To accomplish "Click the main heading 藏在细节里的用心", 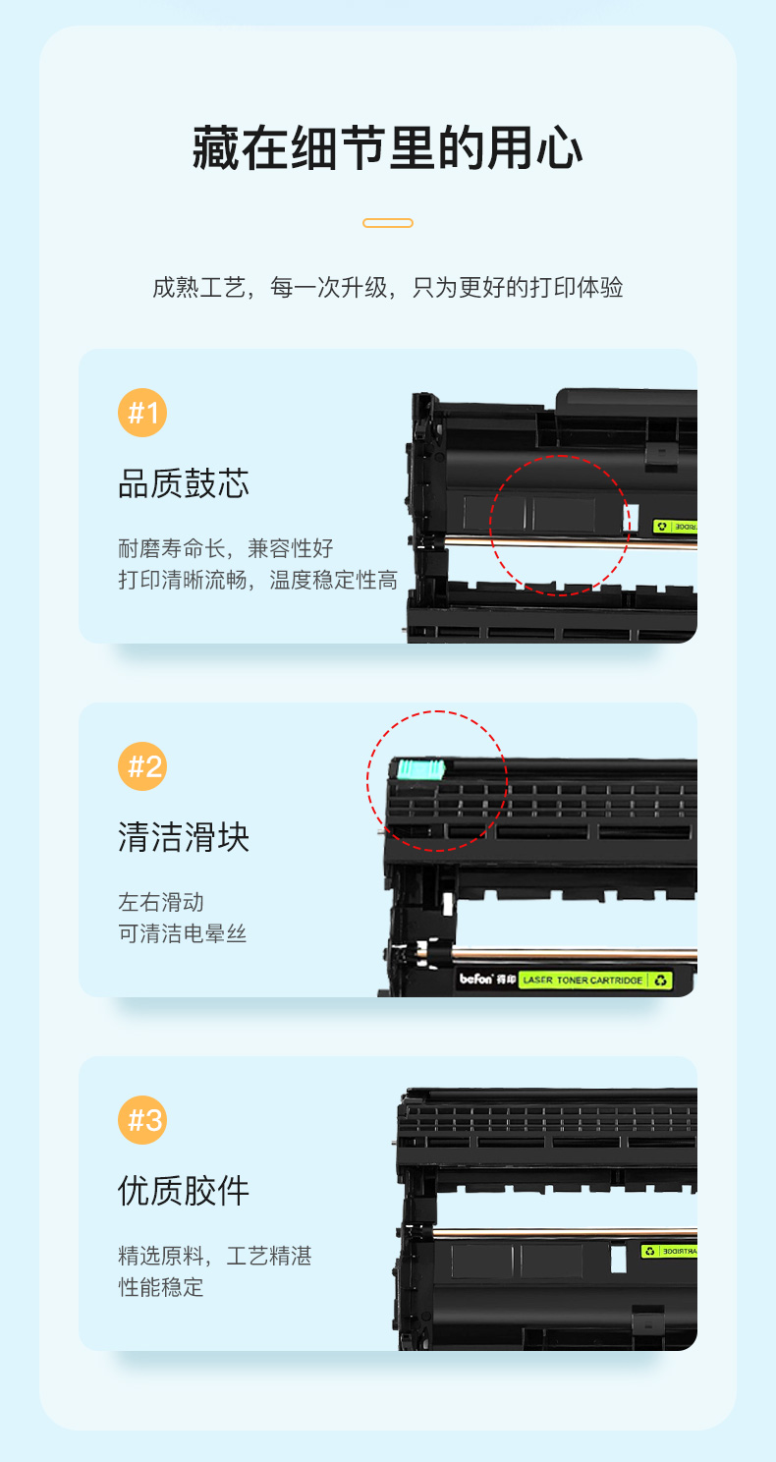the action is coord(387,148).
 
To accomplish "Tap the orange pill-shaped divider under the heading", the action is coord(388,223).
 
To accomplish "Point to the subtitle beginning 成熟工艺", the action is coord(388,287).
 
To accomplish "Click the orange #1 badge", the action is coord(142,413).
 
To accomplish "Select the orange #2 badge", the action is coord(142,766).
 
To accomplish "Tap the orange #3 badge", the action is coord(142,1120).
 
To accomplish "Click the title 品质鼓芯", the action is coord(184,483).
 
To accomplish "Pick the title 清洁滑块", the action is coord(184,837).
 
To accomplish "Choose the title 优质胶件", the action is coord(184,1191).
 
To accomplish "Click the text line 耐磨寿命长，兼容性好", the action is coord(226,548).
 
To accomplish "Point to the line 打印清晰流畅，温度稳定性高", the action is coord(257,580).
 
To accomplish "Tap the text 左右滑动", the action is coord(161,902).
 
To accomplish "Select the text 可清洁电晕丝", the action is coord(182,933).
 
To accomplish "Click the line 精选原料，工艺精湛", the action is coord(215,1256).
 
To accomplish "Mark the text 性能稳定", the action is coord(161,1287).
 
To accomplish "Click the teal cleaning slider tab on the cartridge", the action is coord(421,769).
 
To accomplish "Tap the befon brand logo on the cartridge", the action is coord(487,979).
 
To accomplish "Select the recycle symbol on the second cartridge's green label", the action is coord(660,980).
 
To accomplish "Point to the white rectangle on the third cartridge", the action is coord(618,1260).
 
